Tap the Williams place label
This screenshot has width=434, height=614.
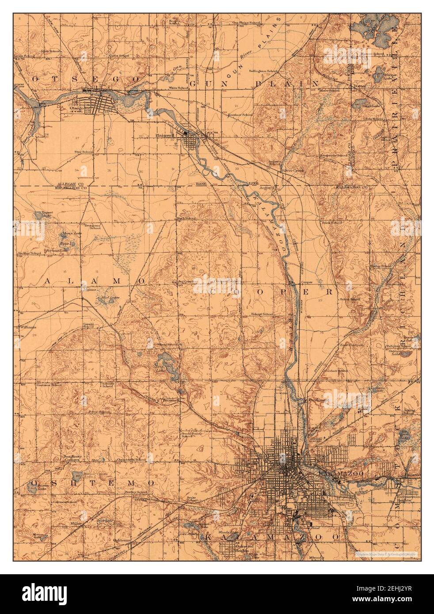coord(27,327)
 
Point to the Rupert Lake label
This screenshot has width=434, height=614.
coord(47,214)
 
